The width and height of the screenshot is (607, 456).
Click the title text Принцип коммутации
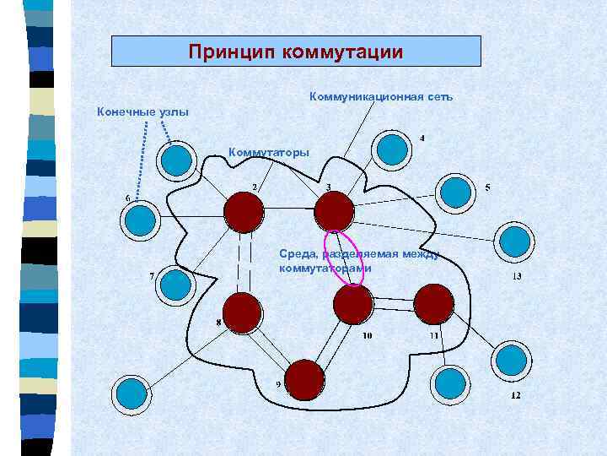(x=296, y=52)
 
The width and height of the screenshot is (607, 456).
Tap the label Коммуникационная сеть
(x=381, y=97)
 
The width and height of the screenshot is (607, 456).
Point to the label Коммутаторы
(x=269, y=153)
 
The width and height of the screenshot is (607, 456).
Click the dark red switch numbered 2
(x=244, y=210)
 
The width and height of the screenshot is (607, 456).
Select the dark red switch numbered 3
(x=334, y=210)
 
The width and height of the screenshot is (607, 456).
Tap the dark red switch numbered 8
(x=242, y=312)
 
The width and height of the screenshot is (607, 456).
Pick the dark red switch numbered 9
(x=305, y=379)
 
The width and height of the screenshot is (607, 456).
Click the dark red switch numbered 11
(x=434, y=303)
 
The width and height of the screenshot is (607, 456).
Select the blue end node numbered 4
(x=392, y=149)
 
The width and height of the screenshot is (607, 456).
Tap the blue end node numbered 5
(x=455, y=192)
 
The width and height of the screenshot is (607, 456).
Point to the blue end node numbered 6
(x=141, y=220)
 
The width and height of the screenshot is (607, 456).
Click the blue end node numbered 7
(x=176, y=285)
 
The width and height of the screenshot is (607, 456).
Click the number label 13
(x=516, y=276)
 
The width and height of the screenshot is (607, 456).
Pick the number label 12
(x=515, y=395)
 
